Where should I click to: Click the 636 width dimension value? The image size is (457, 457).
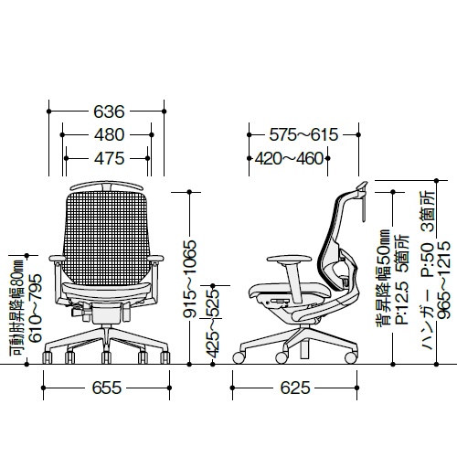coord(109,112)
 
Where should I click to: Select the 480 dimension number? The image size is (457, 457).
coord(109,134)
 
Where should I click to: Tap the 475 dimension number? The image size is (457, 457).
coord(109,158)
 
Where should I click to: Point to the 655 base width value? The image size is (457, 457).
coord(107,388)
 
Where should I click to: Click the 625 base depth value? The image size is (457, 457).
coord(295,388)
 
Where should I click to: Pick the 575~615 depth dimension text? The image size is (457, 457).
coord(303,134)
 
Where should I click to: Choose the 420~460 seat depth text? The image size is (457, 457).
coord(289,158)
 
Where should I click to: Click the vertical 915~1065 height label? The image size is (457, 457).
coord(189,279)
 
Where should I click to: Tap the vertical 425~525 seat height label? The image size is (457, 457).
coord(212,323)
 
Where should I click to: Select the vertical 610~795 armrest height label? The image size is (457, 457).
coord(35,308)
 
